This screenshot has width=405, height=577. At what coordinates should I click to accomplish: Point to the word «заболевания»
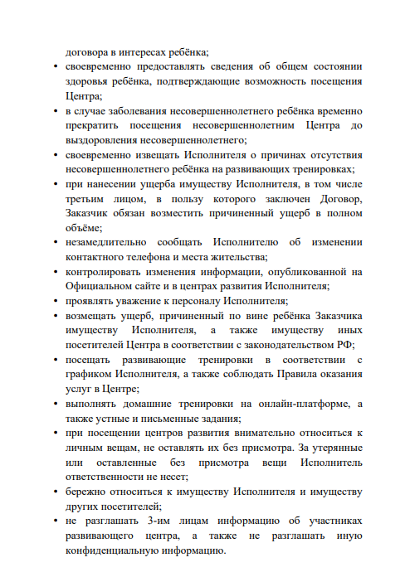[138, 110]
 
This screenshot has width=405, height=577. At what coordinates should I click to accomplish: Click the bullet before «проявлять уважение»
[55, 301]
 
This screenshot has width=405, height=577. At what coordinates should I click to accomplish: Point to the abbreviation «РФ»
[351, 344]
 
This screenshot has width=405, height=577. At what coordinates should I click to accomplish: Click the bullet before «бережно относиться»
[55, 492]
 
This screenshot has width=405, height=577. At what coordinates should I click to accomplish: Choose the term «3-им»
[158, 521]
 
